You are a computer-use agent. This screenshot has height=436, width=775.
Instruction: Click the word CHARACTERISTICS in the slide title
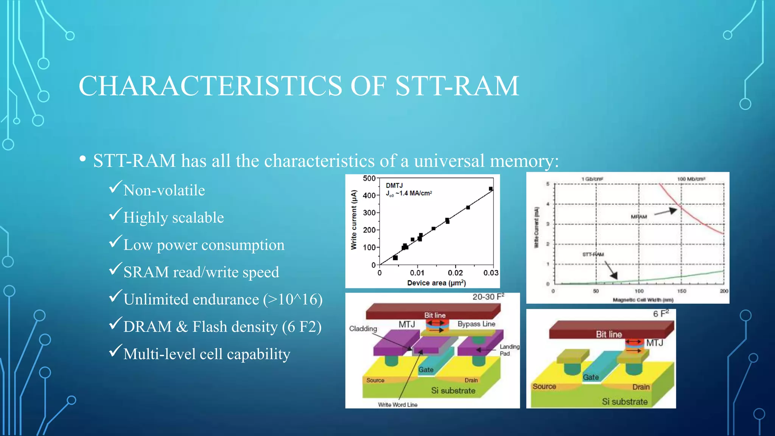[210, 86]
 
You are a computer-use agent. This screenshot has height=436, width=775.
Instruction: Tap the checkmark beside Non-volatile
[115, 187]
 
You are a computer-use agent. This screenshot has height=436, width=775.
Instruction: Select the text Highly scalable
[174, 218]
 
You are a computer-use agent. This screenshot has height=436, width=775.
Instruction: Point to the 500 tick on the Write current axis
[369, 178]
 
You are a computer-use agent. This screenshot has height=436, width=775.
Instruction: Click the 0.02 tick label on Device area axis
[455, 273]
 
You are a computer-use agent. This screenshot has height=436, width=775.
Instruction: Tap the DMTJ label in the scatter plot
[394, 185]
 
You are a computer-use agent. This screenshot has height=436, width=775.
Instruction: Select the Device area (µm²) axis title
[436, 283]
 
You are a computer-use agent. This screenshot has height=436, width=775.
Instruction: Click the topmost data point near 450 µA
[491, 189]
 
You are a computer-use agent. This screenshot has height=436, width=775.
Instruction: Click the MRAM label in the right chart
[639, 217]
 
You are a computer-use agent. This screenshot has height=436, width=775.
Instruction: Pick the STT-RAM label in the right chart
[593, 254]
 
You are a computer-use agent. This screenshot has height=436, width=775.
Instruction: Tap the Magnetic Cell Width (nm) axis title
[643, 300]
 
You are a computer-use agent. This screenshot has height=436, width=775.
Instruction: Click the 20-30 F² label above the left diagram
[488, 297]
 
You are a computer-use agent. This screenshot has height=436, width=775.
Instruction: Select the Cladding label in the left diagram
[363, 329]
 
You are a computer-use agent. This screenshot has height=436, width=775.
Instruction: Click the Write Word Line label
[398, 405]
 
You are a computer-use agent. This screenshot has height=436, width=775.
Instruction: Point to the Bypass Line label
[476, 324]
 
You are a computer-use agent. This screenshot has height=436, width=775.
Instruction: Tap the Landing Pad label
[509, 350]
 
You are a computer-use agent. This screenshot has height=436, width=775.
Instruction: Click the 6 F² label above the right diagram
[661, 314]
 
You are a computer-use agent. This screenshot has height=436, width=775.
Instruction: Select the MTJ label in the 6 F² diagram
[654, 343]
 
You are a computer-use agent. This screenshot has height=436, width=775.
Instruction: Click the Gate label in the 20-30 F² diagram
[426, 370]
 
